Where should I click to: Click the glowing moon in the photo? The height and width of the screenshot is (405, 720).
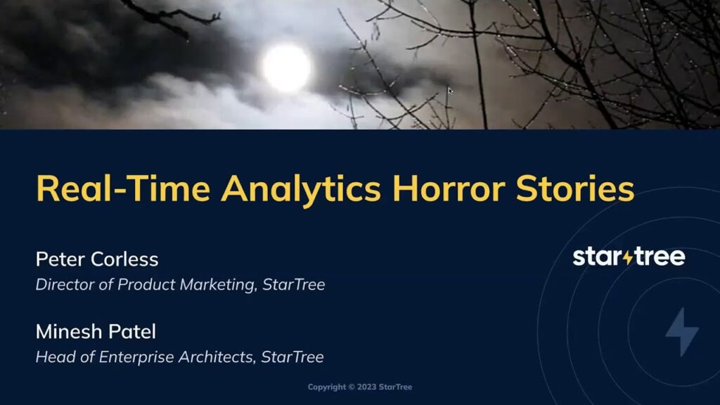point(287,68)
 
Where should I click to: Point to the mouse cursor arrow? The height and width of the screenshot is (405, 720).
point(451,91)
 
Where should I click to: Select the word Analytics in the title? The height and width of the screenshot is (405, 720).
point(301,189)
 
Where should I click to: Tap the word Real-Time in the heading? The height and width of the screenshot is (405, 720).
point(123,188)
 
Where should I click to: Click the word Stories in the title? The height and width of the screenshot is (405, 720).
point(575,188)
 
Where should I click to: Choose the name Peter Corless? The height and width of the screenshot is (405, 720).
point(97,259)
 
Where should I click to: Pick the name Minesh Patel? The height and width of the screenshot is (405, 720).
point(96,332)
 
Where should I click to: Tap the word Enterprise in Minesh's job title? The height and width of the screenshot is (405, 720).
point(136,357)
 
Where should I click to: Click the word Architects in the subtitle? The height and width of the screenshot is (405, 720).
point(217,357)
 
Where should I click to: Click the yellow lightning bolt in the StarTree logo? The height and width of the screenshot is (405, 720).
point(628,257)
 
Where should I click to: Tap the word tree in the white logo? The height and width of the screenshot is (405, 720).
point(660,257)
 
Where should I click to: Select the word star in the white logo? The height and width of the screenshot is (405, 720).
point(598,257)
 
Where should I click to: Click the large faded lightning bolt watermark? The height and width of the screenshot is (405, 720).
point(682,332)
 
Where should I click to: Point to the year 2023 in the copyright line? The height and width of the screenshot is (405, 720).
point(366,387)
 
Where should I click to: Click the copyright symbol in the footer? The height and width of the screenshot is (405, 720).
point(352,387)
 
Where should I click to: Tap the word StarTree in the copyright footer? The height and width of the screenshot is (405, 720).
point(395,387)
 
